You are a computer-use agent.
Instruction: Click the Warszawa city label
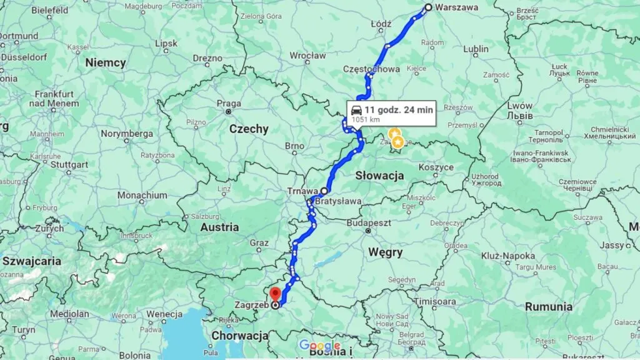pos(457,7)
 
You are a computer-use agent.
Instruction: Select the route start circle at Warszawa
pos(428,7)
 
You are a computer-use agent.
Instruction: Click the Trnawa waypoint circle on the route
pos(324,190)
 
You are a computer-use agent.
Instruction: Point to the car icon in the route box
pos(356,111)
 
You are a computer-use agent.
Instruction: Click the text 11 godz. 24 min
pos(399,109)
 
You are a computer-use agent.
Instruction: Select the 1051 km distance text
pos(366,119)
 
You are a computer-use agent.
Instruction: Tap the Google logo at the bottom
pos(319,346)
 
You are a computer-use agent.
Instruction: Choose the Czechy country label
pos(249,129)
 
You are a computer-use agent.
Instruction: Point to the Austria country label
pos(219,227)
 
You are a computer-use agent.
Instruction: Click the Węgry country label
pos(385,252)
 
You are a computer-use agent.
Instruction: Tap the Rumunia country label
pos(548,307)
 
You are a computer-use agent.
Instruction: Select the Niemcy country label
pos(106,62)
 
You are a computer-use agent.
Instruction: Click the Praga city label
pos(229,104)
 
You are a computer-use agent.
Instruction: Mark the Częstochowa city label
pos(372,69)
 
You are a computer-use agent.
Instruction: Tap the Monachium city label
pos(142,195)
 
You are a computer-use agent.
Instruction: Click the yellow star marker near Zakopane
pos(397,142)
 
